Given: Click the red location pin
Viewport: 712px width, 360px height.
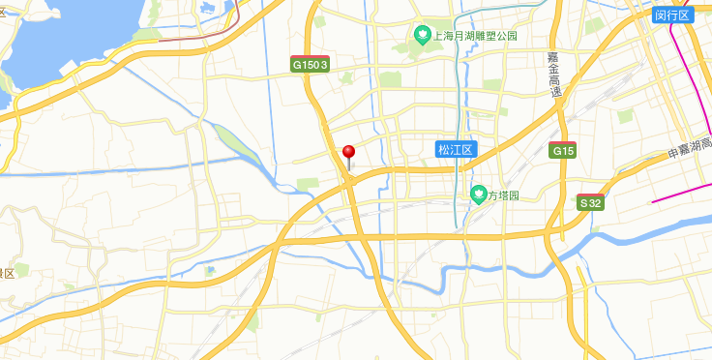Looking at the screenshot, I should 349,153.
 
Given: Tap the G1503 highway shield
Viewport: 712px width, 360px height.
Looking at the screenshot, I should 311,64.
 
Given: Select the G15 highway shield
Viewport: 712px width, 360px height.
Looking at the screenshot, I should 563,151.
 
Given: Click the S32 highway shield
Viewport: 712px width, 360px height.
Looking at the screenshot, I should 591,203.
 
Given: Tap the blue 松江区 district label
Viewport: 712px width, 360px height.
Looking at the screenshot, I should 454,149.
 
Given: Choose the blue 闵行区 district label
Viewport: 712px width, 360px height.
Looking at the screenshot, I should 672,15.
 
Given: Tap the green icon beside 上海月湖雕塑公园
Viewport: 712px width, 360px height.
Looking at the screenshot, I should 423,37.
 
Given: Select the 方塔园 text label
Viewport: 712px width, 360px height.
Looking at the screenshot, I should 503,195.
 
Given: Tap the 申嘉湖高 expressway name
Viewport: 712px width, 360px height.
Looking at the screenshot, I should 689,150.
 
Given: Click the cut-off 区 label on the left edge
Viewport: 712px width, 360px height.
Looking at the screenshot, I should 7,274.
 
